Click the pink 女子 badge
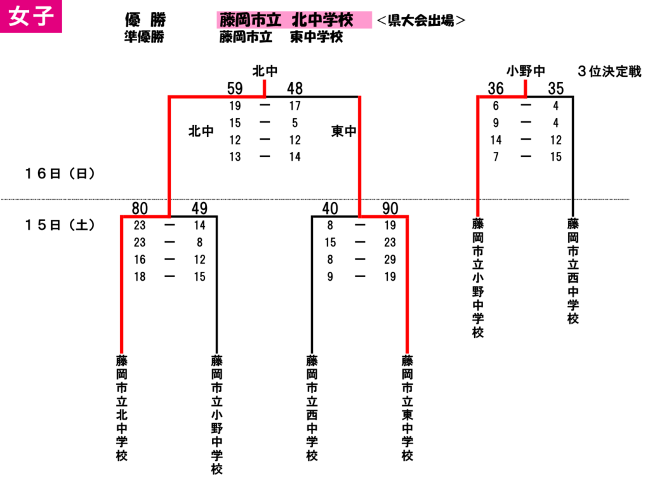click(x=30, y=16)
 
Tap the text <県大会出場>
click(x=421, y=20)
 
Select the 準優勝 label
click(x=144, y=36)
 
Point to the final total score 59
click(x=235, y=88)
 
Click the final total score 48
click(x=295, y=88)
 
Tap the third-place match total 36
click(x=496, y=88)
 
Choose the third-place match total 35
click(x=556, y=88)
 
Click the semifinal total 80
click(x=140, y=208)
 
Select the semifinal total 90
click(x=390, y=208)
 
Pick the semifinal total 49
click(x=199, y=208)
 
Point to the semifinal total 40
click(x=330, y=208)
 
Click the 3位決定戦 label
click(x=609, y=71)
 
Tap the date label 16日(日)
click(x=60, y=173)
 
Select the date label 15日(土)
click(x=60, y=225)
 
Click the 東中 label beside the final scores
click(x=343, y=131)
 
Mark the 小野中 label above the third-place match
click(x=526, y=71)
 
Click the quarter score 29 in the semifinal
click(x=390, y=259)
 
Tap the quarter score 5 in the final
click(x=295, y=123)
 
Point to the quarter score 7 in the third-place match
click(x=496, y=157)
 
